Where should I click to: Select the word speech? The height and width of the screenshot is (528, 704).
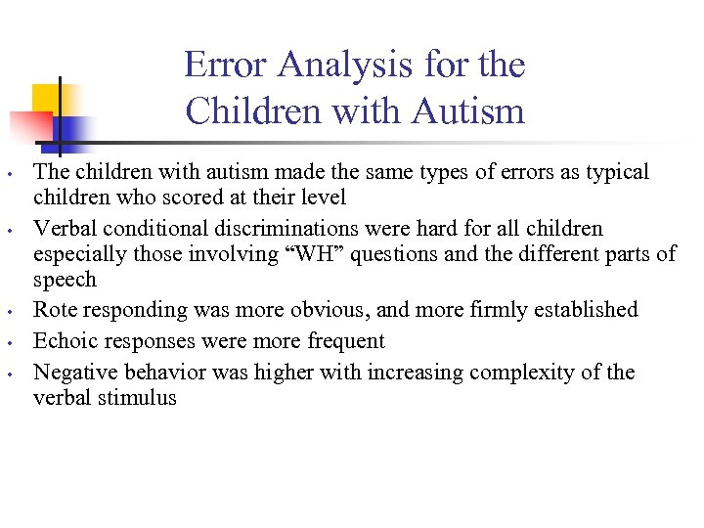[65, 280]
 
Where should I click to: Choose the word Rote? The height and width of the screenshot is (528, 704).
[55, 310]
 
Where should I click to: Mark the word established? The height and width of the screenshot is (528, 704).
[584, 310]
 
